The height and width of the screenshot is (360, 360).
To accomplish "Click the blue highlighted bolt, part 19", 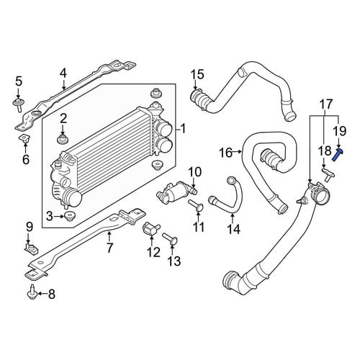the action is click(338, 155).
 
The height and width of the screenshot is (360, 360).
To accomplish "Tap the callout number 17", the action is click(326, 104).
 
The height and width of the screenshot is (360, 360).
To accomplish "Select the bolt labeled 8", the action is click(32, 292).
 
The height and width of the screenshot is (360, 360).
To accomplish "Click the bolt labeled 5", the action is click(18, 104).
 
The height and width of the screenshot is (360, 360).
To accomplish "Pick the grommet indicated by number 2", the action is click(63, 139).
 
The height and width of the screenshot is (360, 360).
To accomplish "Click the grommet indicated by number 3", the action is click(70, 216).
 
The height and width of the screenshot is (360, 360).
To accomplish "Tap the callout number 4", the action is click(63, 73).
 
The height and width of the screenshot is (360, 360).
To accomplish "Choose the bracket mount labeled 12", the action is click(150, 229).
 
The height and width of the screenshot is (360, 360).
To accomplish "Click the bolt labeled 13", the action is click(170, 238).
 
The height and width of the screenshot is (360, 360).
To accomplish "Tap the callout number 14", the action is click(234, 229).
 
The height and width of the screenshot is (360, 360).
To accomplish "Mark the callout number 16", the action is click(226, 153).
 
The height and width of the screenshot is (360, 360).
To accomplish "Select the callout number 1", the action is click(183, 129).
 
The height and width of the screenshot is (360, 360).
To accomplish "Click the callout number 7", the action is click(109, 248).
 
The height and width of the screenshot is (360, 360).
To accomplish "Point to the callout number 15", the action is click(197, 74).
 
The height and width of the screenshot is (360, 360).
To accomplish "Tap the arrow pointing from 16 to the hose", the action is click(238, 152).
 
